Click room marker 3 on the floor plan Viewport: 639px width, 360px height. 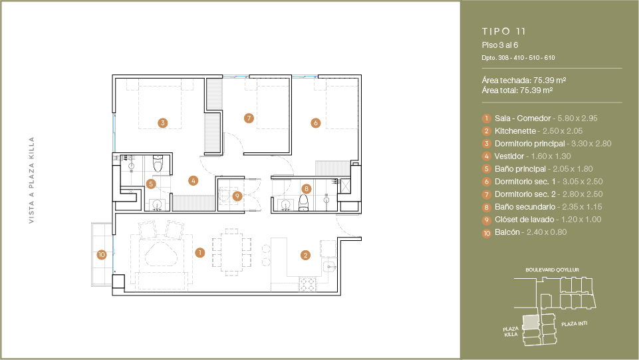[x=163, y=122]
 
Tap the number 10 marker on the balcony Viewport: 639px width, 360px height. [x=102, y=255]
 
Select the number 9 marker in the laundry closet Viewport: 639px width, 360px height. [x=237, y=196]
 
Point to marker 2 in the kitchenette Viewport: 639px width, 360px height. [x=306, y=256]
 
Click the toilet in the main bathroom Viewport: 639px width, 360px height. [x=158, y=164]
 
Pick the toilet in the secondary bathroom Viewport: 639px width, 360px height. [x=304, y=203]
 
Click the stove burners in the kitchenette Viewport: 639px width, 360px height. [x=307, y=283]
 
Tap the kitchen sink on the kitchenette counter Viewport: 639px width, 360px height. [x=329, y=268]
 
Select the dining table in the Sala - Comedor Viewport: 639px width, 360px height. [x=231, y=252]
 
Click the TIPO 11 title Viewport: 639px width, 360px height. [x=504, y=31]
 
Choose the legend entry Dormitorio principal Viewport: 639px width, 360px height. [x=530, y=144]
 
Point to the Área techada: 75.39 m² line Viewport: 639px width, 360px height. [x=524, y=80]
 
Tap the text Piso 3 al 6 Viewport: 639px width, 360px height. [x=499, y=45]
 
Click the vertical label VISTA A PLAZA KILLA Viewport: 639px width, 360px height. [x=31, y=180]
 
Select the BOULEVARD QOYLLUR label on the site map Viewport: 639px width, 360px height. [x=552, y=270]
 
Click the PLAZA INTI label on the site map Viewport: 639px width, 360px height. [x=575, y=323]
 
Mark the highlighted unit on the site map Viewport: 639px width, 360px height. [x=530, y=322]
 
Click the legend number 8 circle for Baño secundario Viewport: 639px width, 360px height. [x=486, y=208]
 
